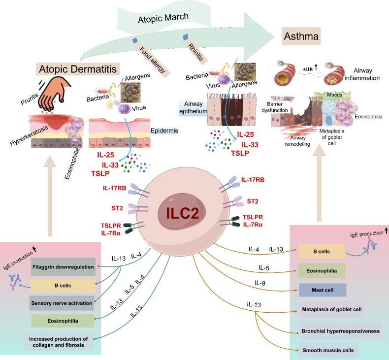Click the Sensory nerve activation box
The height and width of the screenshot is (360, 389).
64,303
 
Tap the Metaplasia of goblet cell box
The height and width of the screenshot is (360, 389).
330,309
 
